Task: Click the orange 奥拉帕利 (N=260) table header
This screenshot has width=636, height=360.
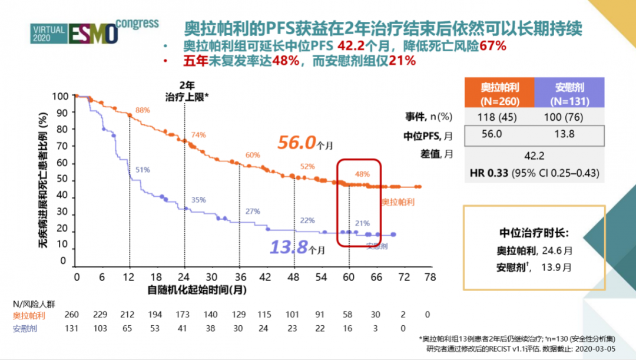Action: [x=500, y=93]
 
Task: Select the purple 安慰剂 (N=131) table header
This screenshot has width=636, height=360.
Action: [x=569, y=93]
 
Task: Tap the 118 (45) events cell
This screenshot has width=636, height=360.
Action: [x=500, y=117]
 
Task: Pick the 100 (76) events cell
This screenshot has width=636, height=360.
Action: [x=569, y=117]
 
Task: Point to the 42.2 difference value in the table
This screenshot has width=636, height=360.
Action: [x=534, y=156]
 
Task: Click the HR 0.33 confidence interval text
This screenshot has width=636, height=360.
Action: [x=535, y=174]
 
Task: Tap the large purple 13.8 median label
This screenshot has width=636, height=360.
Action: [x=289, y=247]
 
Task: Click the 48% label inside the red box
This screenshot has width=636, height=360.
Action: [x=362, y=174]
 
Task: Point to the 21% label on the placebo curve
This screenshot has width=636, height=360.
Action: [x=362, y=223]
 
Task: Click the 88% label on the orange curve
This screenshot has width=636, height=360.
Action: [x=143, y=110]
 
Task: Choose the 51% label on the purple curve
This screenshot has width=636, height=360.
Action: [x=143, y=170]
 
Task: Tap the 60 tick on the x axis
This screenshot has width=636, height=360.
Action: [x=349, y=277]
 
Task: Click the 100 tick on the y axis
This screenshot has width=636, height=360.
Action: [x=61, y=96]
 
